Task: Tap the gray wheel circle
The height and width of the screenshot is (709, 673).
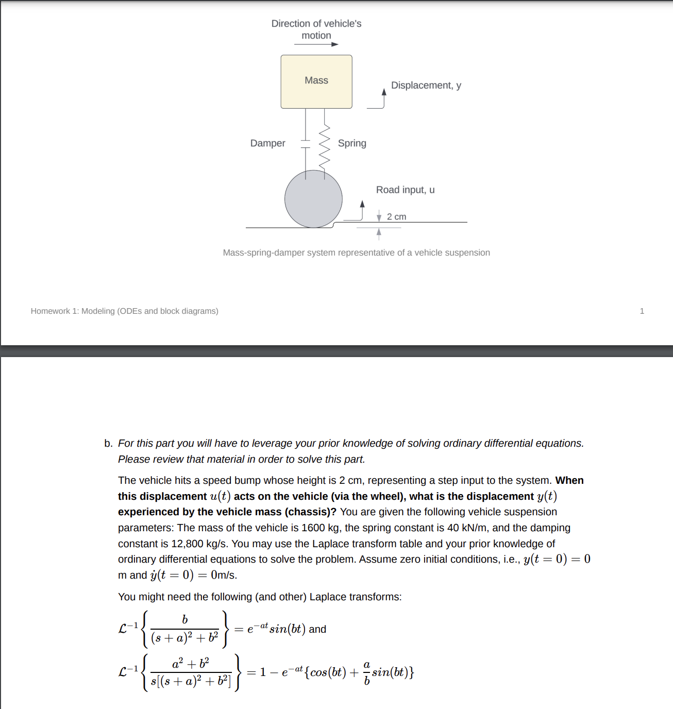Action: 313,199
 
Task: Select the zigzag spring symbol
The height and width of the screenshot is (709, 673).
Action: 324,147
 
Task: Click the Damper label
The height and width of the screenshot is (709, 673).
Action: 267,143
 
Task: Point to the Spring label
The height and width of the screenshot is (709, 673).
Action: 352,143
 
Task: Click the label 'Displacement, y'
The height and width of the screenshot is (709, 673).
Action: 426,86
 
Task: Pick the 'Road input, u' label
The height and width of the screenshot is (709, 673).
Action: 405,190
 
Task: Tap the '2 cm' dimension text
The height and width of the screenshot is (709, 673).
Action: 396,217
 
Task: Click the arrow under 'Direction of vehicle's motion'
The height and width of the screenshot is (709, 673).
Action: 316,44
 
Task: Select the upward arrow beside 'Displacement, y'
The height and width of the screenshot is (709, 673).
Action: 383,97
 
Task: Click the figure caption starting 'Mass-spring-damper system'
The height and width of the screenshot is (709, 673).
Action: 356,253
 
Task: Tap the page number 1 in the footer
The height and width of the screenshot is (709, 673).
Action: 642,311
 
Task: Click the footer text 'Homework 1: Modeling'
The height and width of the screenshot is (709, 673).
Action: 124,311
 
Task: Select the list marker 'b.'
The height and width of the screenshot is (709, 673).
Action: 108,444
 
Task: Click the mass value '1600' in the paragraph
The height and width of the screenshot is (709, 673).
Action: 313,528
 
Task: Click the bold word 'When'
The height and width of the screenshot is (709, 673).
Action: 569,481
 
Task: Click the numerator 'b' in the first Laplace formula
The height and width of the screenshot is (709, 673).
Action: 185,620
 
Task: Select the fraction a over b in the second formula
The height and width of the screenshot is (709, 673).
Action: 366,673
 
